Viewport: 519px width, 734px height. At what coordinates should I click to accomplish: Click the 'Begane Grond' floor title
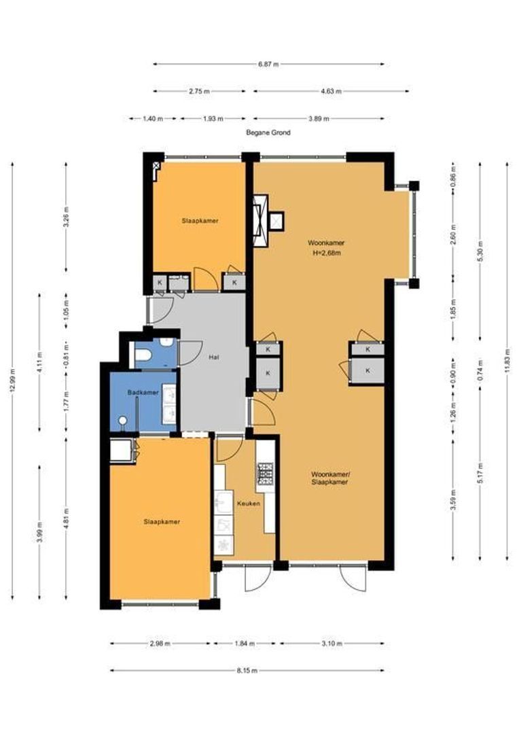tap(268, 133)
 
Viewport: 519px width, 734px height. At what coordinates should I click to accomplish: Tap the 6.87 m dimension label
tap(268, 64)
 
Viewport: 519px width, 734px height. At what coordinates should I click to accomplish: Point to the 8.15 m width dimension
tap(247, 670)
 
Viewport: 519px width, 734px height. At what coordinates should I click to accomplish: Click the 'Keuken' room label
tap(249, 504)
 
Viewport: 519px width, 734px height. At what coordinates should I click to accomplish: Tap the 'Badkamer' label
tap(143, 392)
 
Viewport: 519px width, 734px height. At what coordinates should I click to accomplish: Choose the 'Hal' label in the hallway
tap(215, 357)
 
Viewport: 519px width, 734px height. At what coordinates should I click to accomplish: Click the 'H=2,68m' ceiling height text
tap(326, 253)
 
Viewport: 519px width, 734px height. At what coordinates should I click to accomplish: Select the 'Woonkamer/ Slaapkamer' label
tap(330, 478)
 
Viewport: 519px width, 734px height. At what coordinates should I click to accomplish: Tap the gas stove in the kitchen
tap(266, 473)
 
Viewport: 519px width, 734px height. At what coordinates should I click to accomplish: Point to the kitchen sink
tap(224, 503)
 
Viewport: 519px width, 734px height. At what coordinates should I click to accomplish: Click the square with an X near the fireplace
tap(276, 221)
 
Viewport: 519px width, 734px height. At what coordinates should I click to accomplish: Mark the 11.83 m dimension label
tap(507, 360)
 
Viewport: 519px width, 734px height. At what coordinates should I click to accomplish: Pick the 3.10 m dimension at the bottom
tap(332, 644)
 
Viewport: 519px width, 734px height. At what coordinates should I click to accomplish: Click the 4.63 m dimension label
tap(331, 91)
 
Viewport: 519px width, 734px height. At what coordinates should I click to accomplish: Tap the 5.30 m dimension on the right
tap(480, 251)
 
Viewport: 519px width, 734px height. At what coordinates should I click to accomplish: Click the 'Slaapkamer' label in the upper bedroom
tap(200, 220)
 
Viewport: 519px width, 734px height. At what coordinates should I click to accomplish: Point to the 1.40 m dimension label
tap(153, 119)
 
